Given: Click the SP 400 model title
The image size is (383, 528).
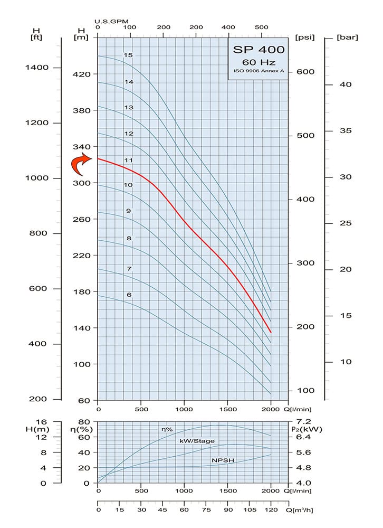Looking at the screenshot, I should (x=258, y=50).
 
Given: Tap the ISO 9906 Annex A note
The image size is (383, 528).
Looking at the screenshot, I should (x=258, y=71).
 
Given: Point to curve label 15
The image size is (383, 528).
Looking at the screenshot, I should (x=128, y=55).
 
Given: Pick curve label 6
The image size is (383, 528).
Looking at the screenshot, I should (x=129, y=294).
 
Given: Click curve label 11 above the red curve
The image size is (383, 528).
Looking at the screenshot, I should (x=128, y=159).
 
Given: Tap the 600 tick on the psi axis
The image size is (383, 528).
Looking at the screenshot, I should (x=305, y=72).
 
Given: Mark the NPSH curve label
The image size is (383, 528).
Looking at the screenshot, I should (x=222, y=460).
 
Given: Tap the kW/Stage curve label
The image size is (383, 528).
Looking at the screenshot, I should (x=197, y=441).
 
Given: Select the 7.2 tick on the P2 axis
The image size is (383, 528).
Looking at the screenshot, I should (x=303, y=422).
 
